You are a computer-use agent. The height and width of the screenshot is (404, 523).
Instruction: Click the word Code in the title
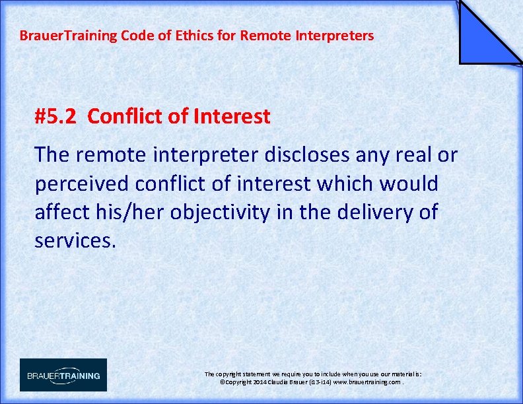pyautogui.click(x=136, y=36)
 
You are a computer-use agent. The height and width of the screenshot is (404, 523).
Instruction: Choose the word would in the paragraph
pyautogui.click(x=410, y=184)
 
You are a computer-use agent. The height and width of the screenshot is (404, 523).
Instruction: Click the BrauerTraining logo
pyautogui.click(x=63, y=375)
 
